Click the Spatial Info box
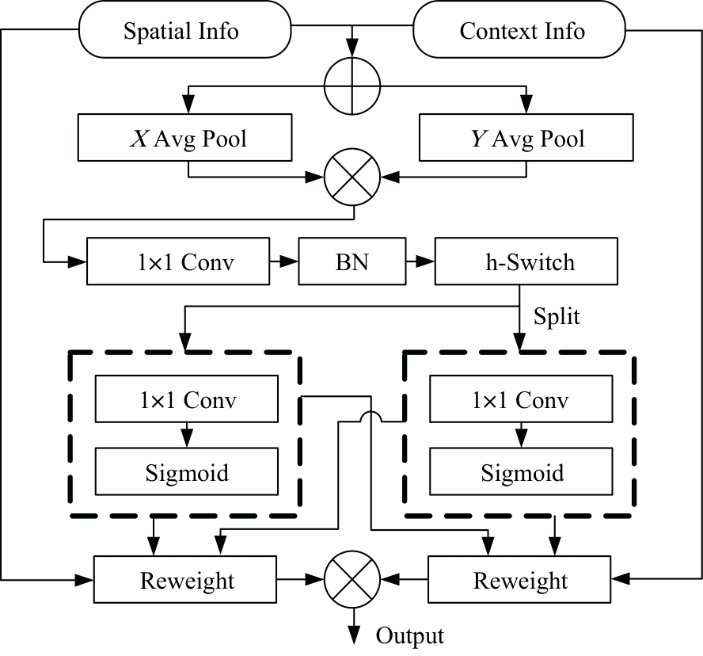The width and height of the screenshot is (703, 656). [181, 31]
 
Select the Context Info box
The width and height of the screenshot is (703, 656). [522, 31]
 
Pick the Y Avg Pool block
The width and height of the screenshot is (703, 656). [526, 139]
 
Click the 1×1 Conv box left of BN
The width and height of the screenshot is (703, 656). [185, 261]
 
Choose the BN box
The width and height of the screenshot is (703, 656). [351, 261]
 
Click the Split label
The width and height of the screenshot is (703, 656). [557, 316]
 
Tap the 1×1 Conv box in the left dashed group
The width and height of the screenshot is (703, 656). [186, 400]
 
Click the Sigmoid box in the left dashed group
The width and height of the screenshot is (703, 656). [186, 473]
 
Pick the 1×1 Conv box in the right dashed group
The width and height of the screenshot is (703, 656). [520, 400]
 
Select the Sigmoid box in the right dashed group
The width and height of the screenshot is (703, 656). [520, 473]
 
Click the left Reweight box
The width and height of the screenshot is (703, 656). [187, 580]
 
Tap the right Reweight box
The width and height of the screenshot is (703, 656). [520, 580]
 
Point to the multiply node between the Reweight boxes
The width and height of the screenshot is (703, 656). [352, 580]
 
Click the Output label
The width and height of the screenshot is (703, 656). [409, 635]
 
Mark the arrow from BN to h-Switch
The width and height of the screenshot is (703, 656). [420, 261]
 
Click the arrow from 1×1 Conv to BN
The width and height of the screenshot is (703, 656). [284, 261]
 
